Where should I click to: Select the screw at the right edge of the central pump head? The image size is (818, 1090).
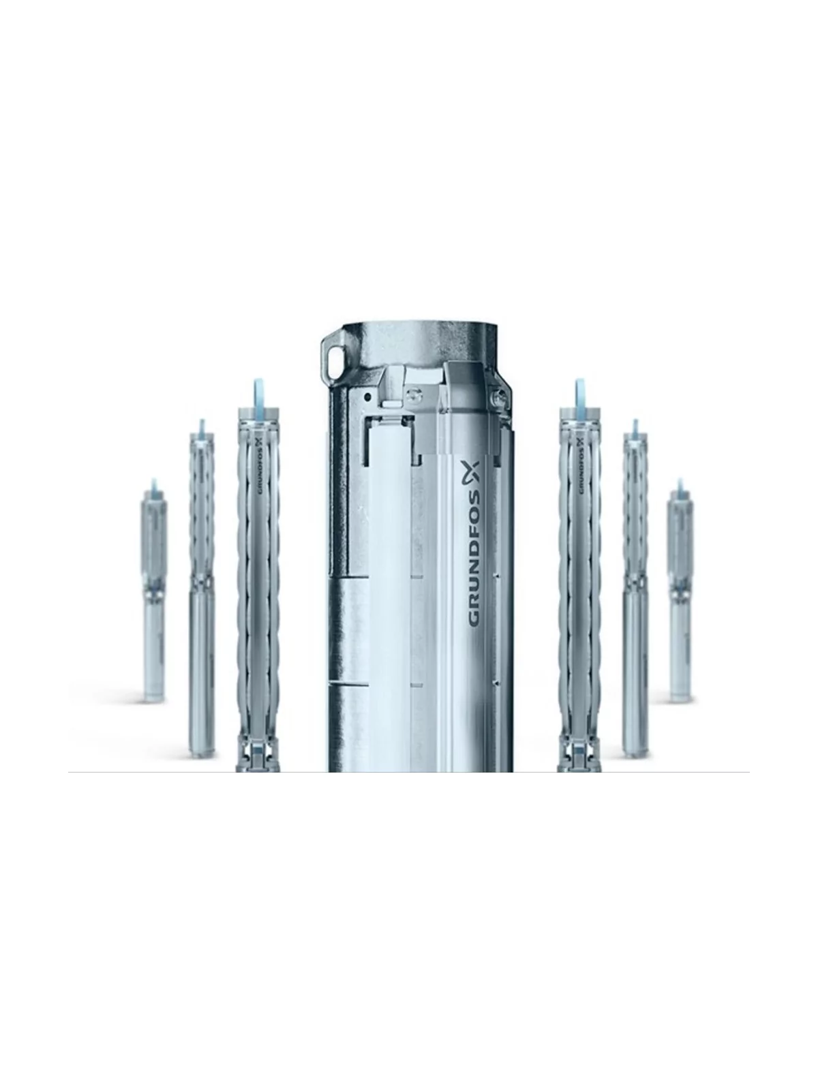pyautogui.click(x=496, y=393)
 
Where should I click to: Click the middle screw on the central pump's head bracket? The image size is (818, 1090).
pyautogui.click(x=411, y=394)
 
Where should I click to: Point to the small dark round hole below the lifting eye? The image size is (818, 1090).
pyautogui.click(x=367, y=395)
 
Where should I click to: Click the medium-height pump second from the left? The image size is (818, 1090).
pyautogui.click(x=202, y=593)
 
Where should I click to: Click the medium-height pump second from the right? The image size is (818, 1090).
pyautogui.click(x=635, y=593)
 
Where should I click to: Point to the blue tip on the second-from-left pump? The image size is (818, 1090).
pyautogui.click(x=202, y=429)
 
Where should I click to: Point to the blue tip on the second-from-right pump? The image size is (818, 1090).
pyautogui.click(x=635, y=429)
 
